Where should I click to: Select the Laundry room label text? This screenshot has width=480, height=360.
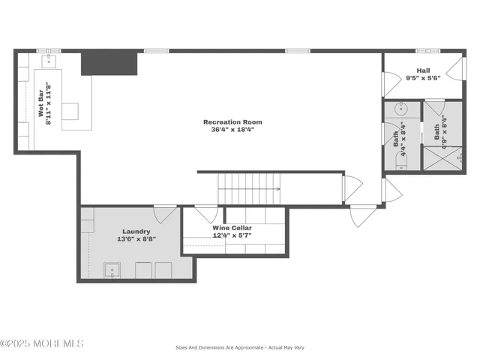(137, 232)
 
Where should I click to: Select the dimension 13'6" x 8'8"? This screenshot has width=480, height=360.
(137, 239)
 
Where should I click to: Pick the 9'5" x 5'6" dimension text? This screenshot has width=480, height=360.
(423, 77)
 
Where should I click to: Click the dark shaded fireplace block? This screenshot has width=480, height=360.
(109, 63)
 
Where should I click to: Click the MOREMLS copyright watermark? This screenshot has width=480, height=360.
(43, 343)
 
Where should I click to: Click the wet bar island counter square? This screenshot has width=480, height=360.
(70, 110)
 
